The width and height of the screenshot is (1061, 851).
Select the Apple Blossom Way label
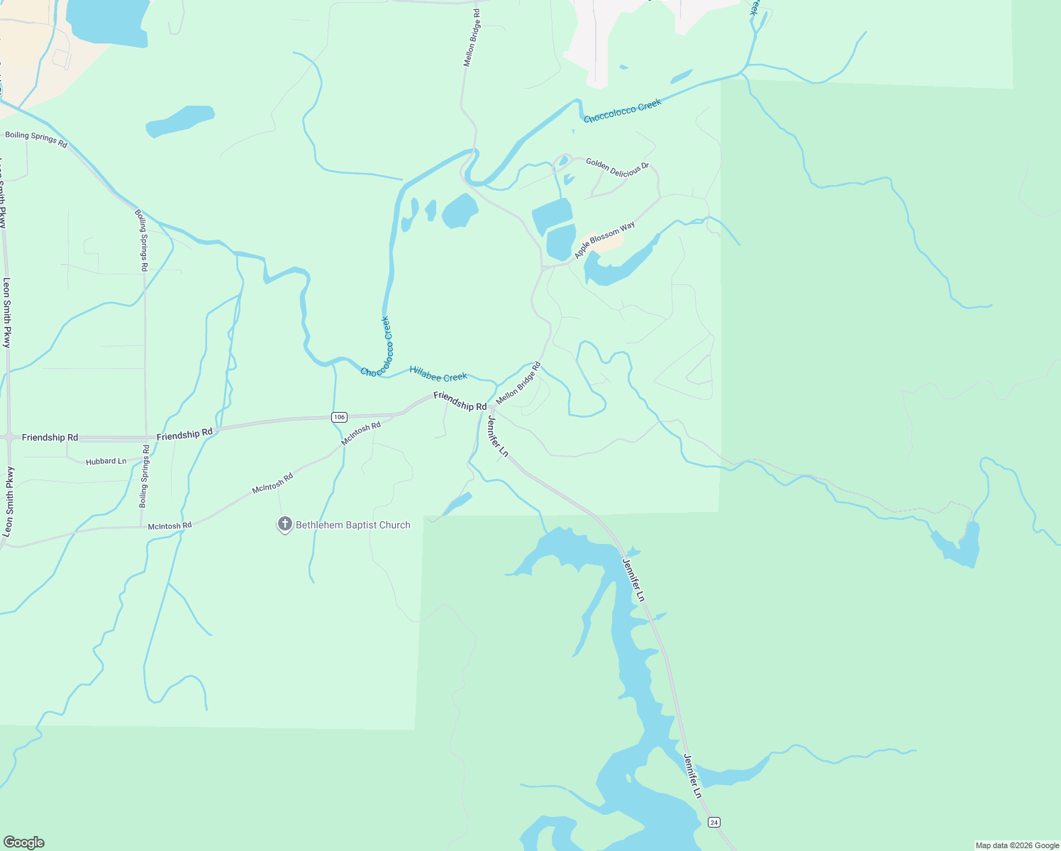[x=604, y=240]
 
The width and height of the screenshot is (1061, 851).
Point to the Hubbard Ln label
[x=106, y=462]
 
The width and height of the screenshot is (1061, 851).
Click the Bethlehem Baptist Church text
[x=352, y=525]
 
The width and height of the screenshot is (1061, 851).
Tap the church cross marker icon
[x=284, y=525]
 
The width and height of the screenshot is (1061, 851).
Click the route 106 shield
[x=339, y=417]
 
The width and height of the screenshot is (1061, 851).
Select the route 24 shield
[x=713, y=822]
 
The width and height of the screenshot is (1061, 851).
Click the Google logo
[x=24, y=842]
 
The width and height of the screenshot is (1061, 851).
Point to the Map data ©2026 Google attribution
[x=1017, y=845]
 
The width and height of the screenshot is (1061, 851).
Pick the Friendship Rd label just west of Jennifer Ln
[x=460, y=401]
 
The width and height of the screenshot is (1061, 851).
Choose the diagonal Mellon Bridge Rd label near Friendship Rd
[x=518, y=383]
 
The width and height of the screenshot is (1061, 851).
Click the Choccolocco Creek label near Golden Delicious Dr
[x=622, y=111]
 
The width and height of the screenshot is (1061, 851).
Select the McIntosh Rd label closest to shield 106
[x=360, y=433]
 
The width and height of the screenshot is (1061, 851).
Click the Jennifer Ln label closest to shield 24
[x=692, y=776]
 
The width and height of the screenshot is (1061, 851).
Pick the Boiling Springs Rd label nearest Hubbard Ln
[x=144, y=476]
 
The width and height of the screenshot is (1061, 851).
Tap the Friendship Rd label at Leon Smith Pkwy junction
[x=50, y=438]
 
